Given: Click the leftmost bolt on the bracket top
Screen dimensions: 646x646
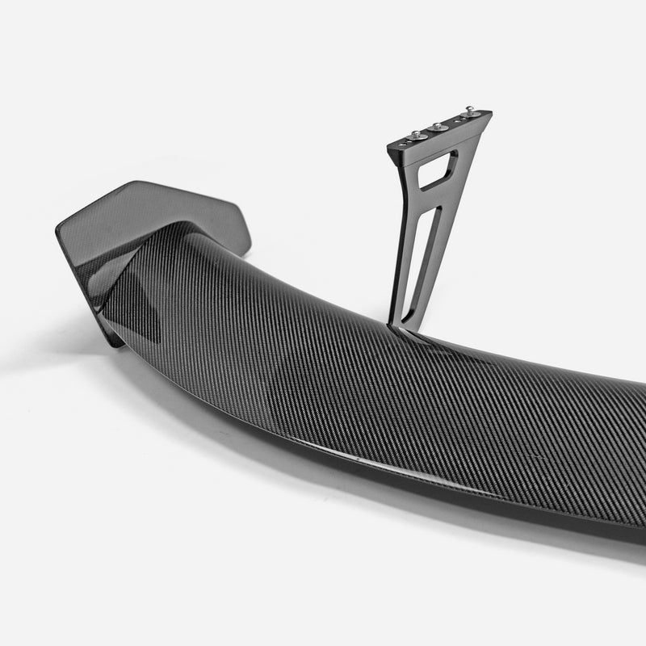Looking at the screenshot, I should tap(413, 136).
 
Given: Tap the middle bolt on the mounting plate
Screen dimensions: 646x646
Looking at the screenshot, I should tap(438, 127).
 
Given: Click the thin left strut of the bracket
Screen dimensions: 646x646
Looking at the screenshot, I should tap(402, 242).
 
